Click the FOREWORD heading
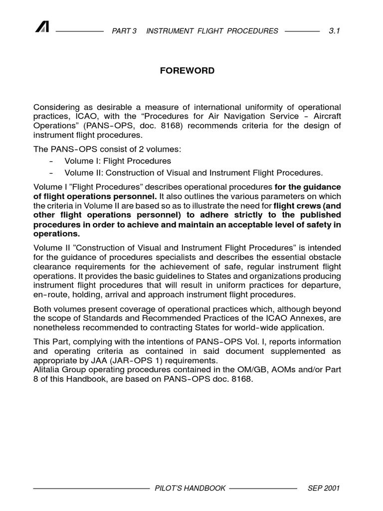pos(187,71)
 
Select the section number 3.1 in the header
pos(334,31)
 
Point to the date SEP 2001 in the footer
pos(324,488)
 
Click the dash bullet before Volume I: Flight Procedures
pos(51,161)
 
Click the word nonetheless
pos(57,328)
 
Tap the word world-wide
pos(264,328)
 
